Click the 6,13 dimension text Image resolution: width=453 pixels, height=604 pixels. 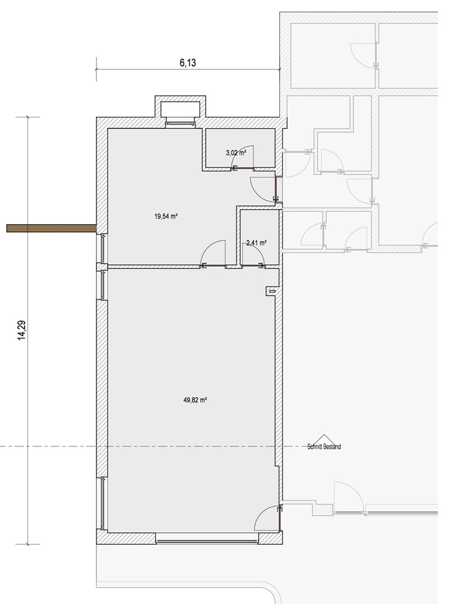188,62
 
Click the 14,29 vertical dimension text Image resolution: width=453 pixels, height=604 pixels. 22,330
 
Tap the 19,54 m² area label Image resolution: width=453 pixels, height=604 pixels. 165,216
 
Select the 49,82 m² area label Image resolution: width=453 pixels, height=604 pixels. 195,400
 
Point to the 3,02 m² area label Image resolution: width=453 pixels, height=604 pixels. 235,153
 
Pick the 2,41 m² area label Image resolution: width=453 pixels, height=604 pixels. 256,243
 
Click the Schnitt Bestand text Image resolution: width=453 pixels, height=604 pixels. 324,447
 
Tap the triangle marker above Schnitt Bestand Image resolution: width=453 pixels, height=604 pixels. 324,440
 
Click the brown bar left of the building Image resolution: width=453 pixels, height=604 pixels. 52,228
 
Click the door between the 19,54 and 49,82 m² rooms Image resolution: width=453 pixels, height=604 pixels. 213,253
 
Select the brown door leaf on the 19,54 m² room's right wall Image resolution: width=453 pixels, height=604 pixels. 276,188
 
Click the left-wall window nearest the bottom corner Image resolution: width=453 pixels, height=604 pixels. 103,503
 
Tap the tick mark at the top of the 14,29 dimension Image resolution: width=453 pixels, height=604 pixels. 28,117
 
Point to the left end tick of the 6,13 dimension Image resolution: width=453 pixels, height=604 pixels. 96,70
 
